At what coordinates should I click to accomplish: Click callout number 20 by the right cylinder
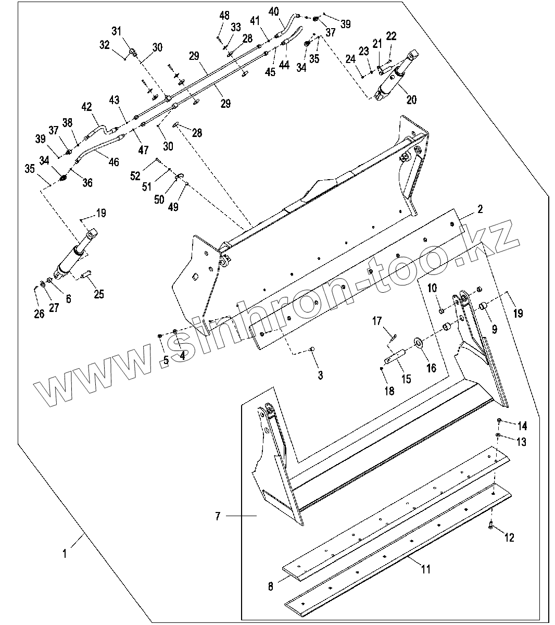(411, 99)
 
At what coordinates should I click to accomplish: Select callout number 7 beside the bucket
(218, 516)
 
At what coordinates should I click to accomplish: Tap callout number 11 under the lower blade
(425, 569)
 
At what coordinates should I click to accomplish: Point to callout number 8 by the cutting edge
(271, 586)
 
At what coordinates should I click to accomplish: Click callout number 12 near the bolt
(509, 538)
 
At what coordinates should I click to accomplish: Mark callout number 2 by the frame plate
(480, 209)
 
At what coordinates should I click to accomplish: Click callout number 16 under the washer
(432, 369)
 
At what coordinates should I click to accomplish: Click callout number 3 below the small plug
(320, 374)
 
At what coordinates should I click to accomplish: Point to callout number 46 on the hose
(113, 162)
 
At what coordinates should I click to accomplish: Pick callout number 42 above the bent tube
(86, 107)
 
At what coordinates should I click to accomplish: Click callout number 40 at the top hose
(274, 11)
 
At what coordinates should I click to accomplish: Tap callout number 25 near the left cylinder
(99, 294)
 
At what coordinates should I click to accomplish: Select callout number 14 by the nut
(522, 427)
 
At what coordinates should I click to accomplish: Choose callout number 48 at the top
(224, 16)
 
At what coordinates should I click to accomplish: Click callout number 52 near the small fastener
(135, 176)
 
